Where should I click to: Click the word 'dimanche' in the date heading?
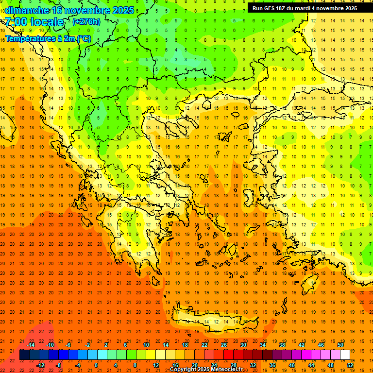tap(27, 10)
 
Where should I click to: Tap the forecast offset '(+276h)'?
tap(86, 21)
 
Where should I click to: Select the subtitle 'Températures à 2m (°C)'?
tap(48, 38)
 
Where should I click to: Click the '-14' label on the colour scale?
tap(30, 345)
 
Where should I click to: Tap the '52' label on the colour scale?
tap(351, 365)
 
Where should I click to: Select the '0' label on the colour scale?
tap(96, 365)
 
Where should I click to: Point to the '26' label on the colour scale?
tap(224, 345)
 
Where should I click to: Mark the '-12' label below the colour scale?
tap(40, 365)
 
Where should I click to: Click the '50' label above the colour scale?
tap(340, 345)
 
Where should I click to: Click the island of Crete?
tap(214, 321)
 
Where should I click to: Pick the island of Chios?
tap(250, 197)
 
